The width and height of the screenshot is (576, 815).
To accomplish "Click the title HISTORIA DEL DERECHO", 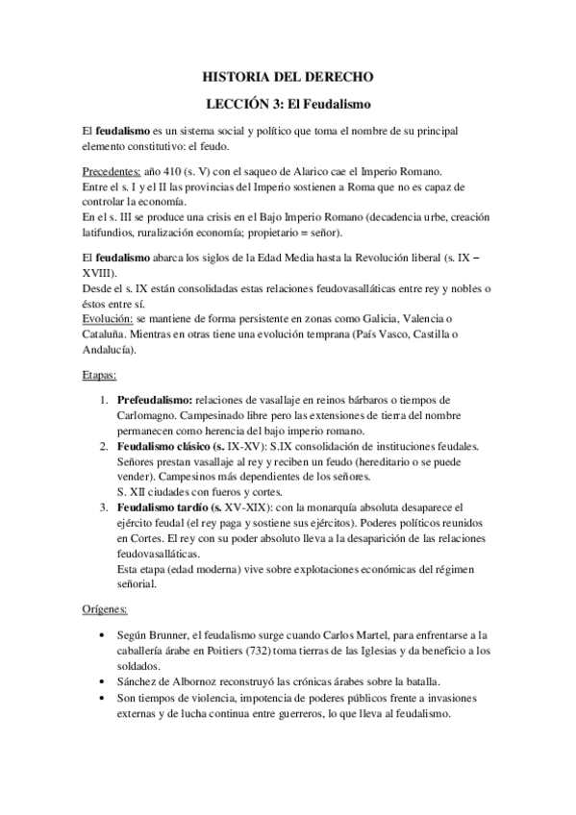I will pyautogui.click(x=288, y=75).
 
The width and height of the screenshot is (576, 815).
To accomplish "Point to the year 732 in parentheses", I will pyautogui.click(x=274, y=651).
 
